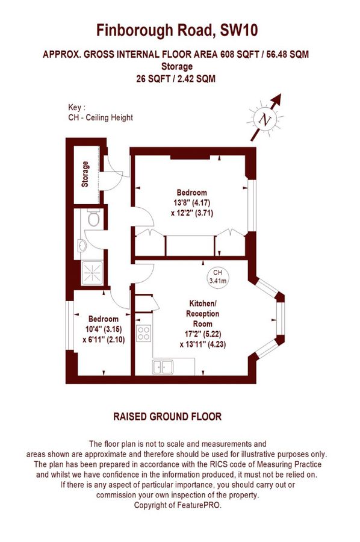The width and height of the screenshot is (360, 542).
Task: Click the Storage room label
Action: click(x=85, y=174)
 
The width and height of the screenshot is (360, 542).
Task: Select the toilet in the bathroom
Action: click(x=92, y=220)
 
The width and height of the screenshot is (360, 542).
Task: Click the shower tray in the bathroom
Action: click(x=92, y=274)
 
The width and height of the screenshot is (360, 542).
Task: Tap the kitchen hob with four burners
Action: click(x=144, y=333)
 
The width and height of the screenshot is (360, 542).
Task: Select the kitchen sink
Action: click(x=163, y=366)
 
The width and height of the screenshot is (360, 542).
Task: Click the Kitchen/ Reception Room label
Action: click(x=201, y=314)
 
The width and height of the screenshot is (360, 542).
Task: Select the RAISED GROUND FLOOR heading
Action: click(x=167, y=416)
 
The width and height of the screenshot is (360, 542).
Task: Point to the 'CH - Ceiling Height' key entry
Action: click(x=101, y=118)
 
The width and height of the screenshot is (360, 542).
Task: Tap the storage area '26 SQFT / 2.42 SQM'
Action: click(x=176, y=78)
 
